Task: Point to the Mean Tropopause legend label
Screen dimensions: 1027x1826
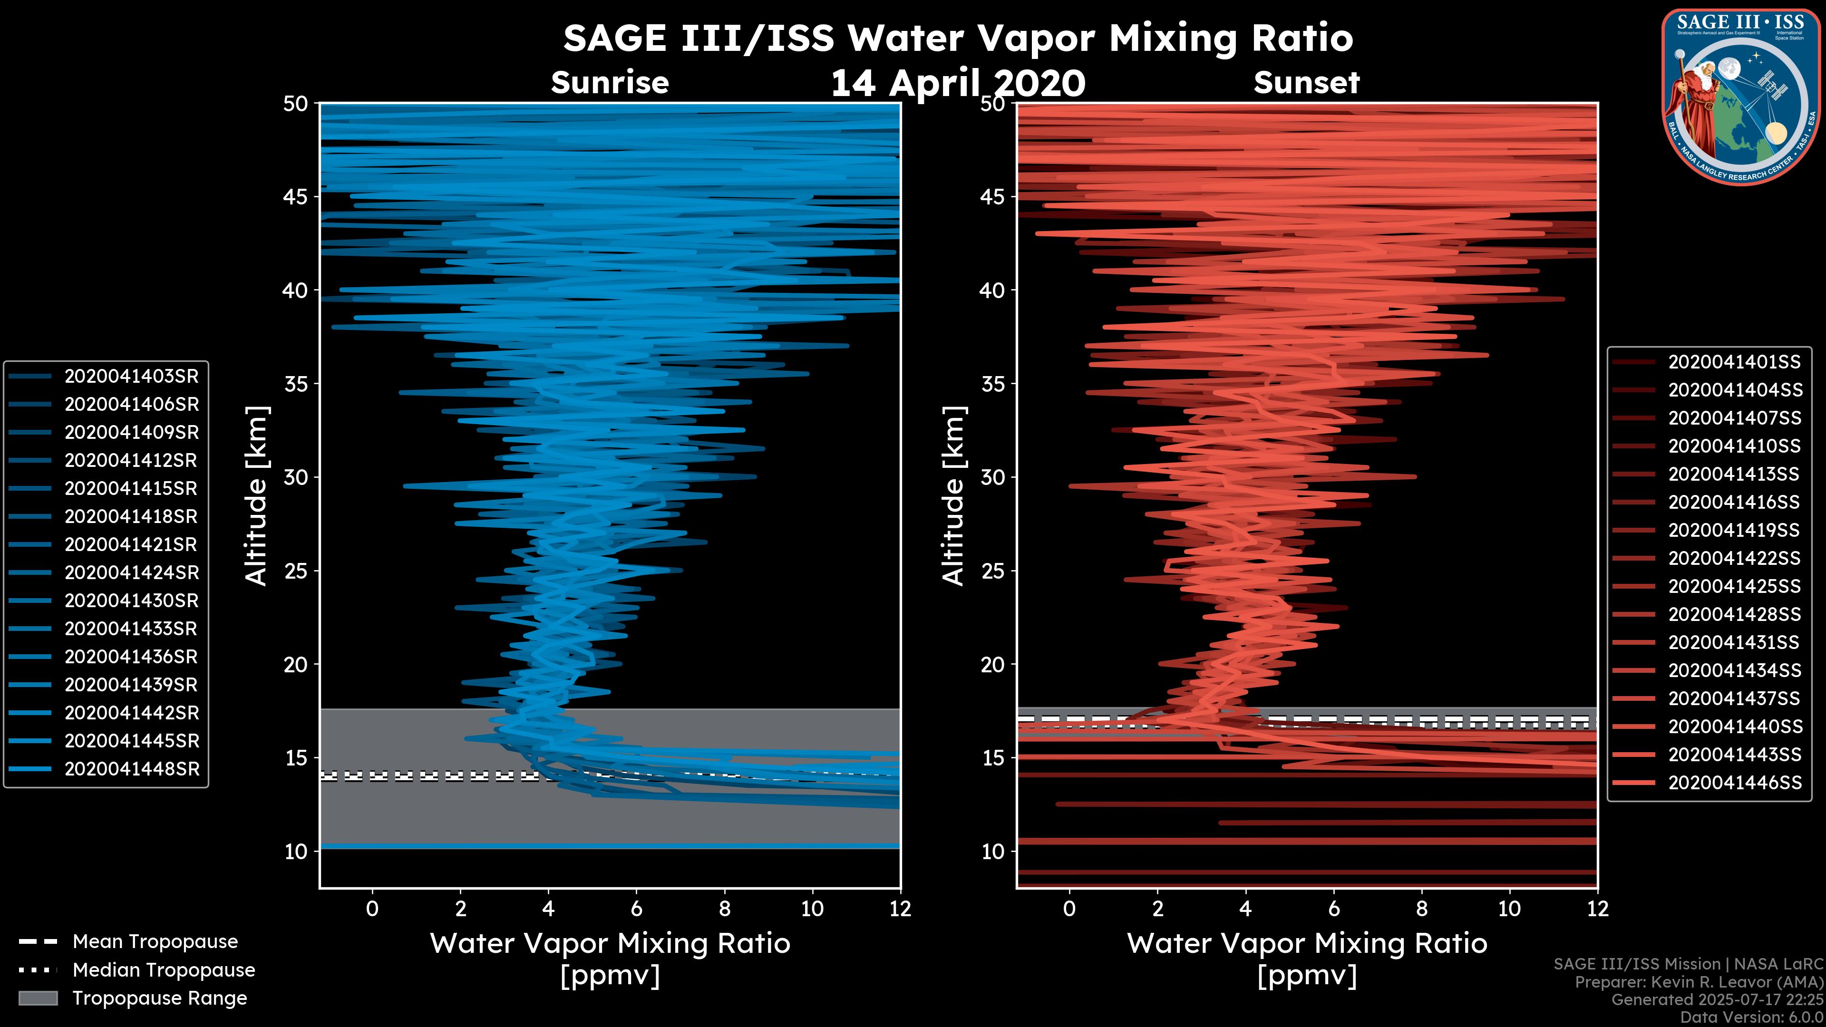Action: tap(155, 942)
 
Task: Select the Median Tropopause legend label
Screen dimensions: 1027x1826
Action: tap(164, 970)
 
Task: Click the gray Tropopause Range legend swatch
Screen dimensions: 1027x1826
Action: tap(38, 998)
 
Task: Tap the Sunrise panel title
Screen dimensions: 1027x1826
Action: tap(610, 83)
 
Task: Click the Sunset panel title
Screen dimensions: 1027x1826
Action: tap(1306, 83)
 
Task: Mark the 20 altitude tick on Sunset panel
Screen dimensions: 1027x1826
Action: tap(993, 665)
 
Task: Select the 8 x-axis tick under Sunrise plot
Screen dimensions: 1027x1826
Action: tap(724, 909)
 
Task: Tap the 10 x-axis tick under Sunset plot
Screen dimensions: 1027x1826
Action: tap(1509, 909)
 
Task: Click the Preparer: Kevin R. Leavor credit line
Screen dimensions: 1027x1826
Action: tap(1699, 982)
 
